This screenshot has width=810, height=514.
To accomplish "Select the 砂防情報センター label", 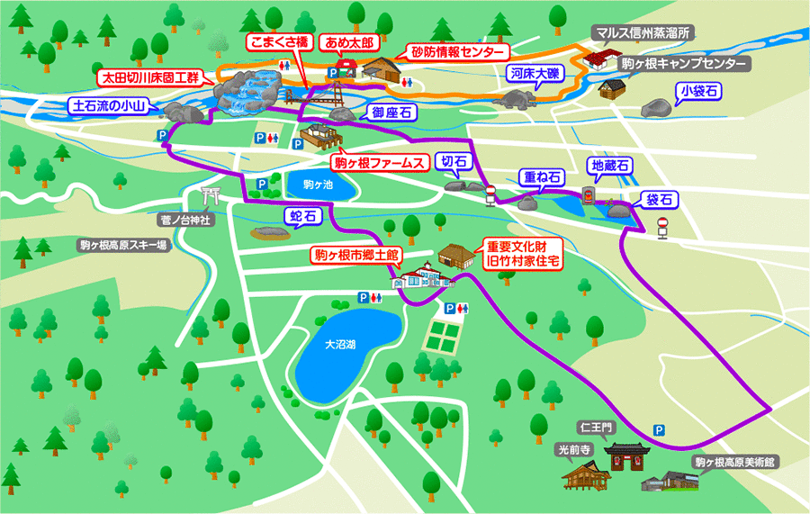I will [x=458, y=51].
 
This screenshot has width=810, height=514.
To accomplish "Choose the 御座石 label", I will [x=390, y=113].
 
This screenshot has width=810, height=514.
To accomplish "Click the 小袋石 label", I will [x=699, y=91].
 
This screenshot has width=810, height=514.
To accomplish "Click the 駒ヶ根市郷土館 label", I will [x=356, y=255].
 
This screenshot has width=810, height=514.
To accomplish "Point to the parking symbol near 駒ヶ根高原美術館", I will [x=660, y=430].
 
